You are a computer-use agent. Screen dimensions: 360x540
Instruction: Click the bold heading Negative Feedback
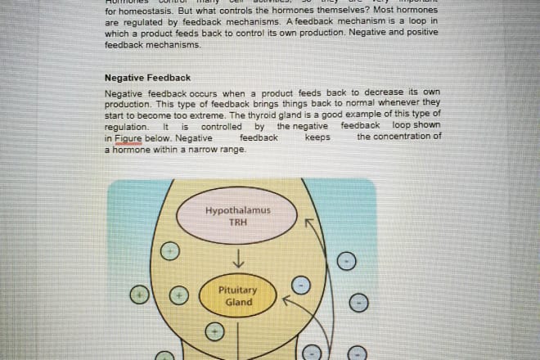point(147,78)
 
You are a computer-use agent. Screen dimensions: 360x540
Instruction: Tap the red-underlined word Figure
point(128,138)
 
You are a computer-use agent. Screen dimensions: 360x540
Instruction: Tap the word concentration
point(398,137)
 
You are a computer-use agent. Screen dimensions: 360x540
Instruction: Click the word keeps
point(317,138)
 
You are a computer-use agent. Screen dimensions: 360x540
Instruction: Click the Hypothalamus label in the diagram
point(237,210)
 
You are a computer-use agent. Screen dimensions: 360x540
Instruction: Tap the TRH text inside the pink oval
point(237,222)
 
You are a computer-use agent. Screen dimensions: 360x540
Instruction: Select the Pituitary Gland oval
point(238,296)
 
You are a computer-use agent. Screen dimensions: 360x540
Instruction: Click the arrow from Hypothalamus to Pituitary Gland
point(237,259)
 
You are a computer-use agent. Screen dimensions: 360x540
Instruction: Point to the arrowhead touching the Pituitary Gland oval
point(286,299)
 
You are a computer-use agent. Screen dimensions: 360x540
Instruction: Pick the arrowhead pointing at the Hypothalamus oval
point(308,220)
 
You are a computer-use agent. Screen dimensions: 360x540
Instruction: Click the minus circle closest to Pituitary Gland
point(302,286)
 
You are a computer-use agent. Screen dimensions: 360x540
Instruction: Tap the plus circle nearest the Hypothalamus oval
point(169,250)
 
